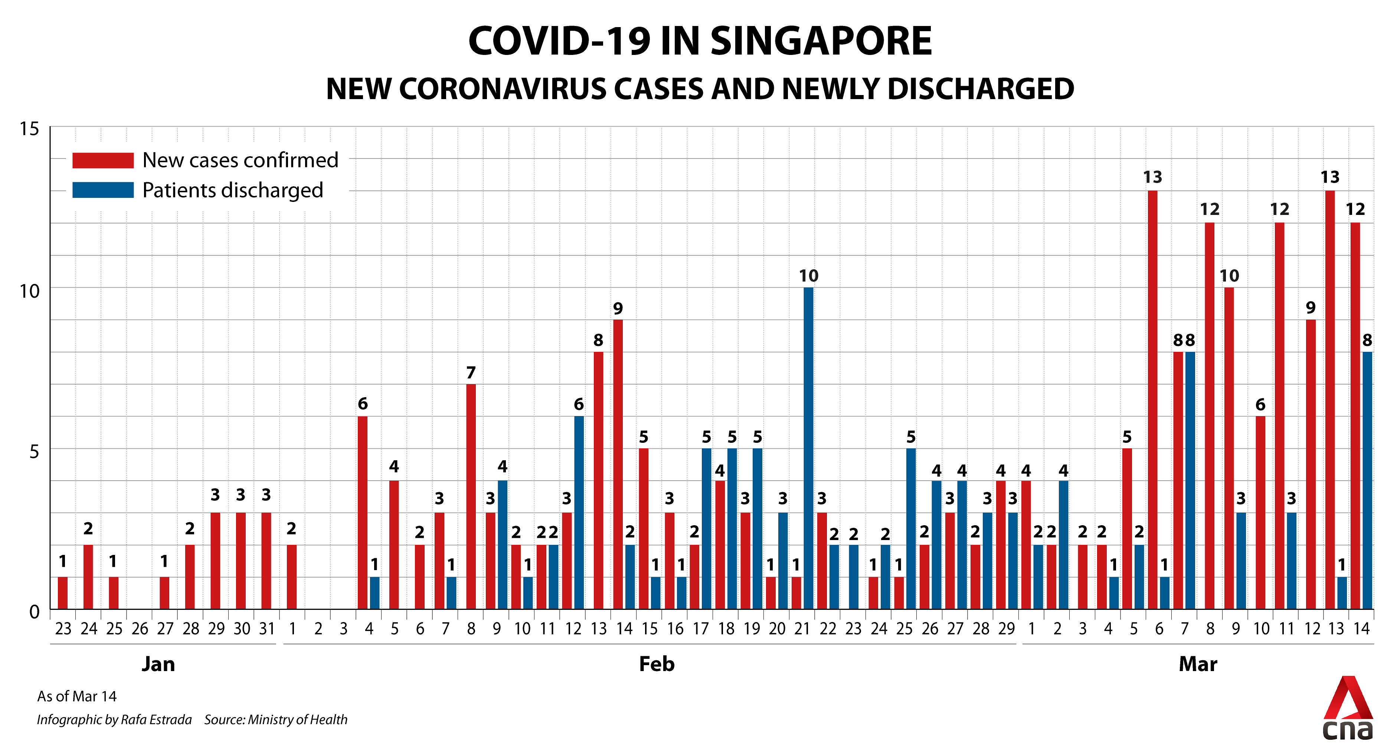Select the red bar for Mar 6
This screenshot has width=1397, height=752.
click(1152, 400)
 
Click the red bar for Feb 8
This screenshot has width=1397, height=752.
click(471, 496)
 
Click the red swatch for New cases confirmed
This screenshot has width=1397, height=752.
click(103, 160)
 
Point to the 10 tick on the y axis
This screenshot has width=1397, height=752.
click(30, 291)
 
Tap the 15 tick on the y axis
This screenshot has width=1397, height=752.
click(30, 129)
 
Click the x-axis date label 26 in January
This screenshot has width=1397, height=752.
click(140, 629)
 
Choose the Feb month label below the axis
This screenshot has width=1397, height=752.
click(656, 664)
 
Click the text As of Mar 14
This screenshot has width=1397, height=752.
click(76, 696)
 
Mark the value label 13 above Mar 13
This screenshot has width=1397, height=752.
click(1330, 177)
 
